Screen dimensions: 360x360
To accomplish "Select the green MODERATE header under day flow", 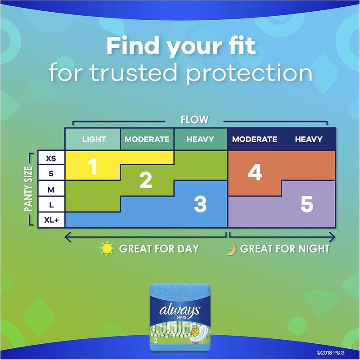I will (x=147, y=139).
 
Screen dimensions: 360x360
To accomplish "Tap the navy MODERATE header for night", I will (x=255, y=139).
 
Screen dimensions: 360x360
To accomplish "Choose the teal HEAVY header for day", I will (x=200, y=139).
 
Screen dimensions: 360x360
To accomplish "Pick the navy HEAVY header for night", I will (x=309, y=139).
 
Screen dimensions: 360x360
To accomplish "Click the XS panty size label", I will (x=51, y=158).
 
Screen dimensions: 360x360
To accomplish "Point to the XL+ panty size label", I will (x=51, y=220).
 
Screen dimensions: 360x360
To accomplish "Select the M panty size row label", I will (x=51, y=189).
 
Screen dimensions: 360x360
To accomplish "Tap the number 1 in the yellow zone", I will (x=93, y=167).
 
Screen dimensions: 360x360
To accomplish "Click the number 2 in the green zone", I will (x=145, y=180).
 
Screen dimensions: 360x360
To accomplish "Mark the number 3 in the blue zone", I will (x=200, y=205).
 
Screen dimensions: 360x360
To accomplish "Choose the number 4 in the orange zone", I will (x=255, y=173).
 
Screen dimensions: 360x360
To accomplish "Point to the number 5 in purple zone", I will (x=306, y=205).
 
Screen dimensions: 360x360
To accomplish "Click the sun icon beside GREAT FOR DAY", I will (x=107, y=248).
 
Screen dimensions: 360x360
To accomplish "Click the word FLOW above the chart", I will (x=194, y=120).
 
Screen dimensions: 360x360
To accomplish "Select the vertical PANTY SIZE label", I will (x=29, y=189).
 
